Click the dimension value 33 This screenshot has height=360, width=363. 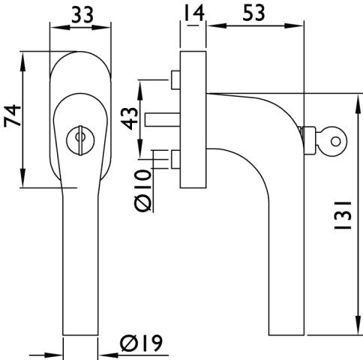82,14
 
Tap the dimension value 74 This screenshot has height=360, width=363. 12,116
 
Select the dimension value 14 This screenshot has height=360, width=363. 194,13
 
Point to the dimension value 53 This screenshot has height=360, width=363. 253,13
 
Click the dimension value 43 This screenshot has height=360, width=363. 130,118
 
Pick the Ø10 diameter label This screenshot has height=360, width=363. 143,190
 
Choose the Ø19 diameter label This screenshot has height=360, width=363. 141,343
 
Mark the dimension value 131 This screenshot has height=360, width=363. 343,215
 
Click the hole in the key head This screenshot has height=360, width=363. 335,142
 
